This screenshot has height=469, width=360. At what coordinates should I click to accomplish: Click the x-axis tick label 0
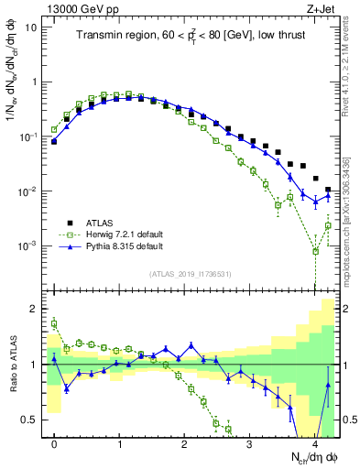tap(54, 443)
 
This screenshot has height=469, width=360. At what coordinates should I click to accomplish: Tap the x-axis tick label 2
tap(184, 443)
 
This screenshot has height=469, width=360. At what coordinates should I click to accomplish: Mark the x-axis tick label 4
tap(314, 443)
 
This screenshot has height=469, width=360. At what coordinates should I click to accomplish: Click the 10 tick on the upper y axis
tap(30, 27)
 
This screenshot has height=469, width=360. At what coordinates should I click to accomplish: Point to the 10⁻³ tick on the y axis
tap(27, 246)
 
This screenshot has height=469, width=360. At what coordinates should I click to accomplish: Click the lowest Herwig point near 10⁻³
tap(315, 250)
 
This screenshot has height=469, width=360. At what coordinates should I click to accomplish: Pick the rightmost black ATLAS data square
tap(328, 190)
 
